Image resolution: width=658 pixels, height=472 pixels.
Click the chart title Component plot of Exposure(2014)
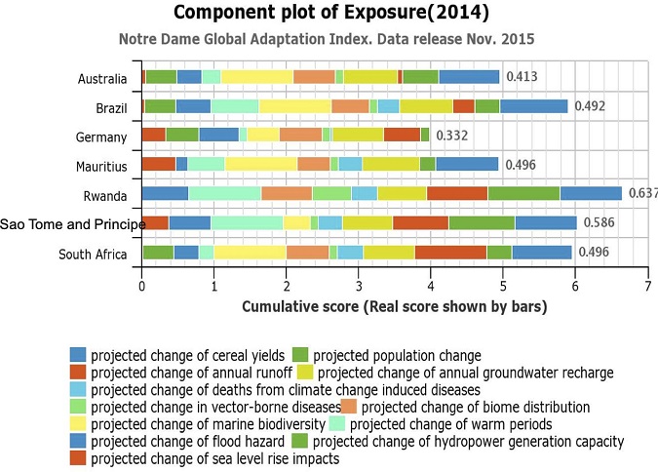(330, 14)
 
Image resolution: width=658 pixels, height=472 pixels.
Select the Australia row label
(102, 78)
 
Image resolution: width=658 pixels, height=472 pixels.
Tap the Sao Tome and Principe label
(73, 224)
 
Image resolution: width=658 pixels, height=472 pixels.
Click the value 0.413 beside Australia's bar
(522, 77)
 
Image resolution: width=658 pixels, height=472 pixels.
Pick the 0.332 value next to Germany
(452, 136)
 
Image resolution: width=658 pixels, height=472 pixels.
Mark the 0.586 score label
(600, 223)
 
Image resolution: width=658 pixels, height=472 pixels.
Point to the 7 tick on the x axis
(647, 286)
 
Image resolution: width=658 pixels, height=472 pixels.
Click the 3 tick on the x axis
(359, 286)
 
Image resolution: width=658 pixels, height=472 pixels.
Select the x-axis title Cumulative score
(394, 307)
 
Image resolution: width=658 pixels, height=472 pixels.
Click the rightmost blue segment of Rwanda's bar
(591, 194)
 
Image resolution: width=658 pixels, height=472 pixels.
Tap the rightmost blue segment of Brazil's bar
(533, 106)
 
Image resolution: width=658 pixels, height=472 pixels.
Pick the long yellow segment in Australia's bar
(256, 77)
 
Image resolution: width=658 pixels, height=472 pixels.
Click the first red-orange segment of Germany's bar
(154, 136)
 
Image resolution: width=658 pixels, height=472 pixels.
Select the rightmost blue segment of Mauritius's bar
(467, 165)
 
